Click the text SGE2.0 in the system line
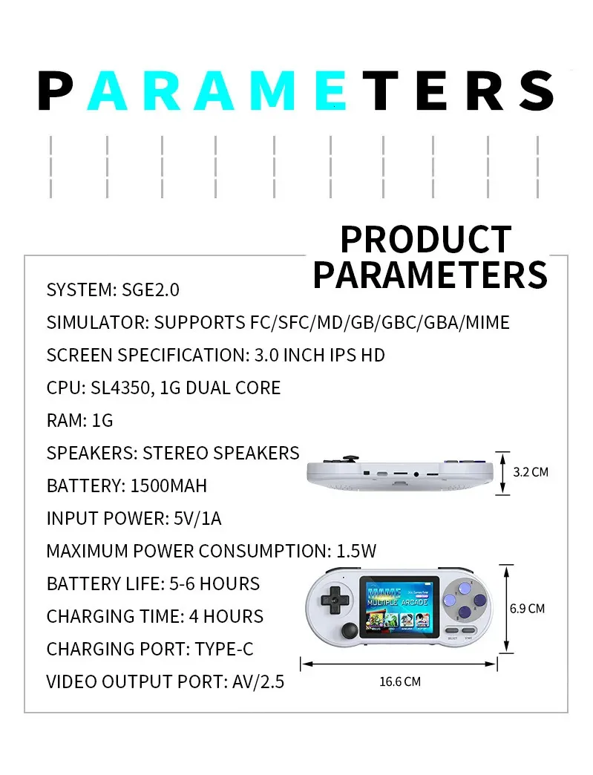click(151, 290)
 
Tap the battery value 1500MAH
click(168, 485)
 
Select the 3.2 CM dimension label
click(531, 472)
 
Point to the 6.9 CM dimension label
click(527, 609)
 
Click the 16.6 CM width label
click(400, 681)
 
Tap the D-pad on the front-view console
click(335, 600)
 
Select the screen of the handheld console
click(399, 607)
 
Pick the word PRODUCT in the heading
click(426, 240)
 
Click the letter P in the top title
click(55, 91)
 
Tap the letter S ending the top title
click(535, 91)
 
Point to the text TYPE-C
click(224, 649)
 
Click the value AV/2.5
click(258, 681)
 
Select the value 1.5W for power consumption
click(356, 551)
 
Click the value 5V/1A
click(197, 518)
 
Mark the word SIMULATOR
click(97, 322)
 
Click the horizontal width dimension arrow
click(399, 664)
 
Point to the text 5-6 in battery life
click(182, 583)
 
